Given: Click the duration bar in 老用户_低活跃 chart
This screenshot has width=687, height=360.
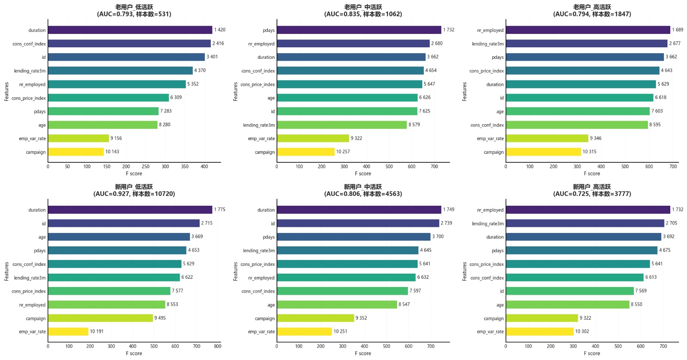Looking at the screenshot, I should point(130,30).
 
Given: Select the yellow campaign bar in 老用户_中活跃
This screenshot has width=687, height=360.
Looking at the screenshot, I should point(305,152).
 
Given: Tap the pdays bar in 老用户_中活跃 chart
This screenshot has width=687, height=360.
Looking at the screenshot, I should point(359,30).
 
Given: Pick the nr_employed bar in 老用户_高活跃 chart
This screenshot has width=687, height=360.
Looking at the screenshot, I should point(587,30).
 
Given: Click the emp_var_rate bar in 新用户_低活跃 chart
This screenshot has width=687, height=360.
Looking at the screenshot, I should point(68,332).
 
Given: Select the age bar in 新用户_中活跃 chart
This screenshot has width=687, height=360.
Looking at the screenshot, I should point(337,305).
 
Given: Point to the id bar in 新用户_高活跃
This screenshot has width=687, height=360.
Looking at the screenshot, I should point(569,291).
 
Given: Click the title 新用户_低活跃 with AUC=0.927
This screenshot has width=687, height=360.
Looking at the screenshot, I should point(134,190).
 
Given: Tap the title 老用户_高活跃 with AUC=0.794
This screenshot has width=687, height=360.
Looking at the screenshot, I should point(592,11).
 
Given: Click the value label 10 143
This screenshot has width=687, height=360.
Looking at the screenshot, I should point(112,152).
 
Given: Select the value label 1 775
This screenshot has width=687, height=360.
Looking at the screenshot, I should point(220,210).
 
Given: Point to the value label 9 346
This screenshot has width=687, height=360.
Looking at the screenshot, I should point(596,138).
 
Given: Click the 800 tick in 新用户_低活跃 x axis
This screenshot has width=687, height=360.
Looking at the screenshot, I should point(218,346).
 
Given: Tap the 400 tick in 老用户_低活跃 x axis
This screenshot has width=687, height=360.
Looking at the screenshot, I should point(204,167).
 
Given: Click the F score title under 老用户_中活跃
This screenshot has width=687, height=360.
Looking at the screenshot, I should point(363,174).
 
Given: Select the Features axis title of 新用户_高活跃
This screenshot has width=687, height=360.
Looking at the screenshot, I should point(465,272).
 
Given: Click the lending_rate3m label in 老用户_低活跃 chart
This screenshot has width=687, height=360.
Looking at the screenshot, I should point(30,71).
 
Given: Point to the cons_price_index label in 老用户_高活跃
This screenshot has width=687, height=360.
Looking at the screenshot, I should point(486,71).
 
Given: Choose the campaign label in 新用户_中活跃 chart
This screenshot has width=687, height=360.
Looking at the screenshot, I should point(264,318).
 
